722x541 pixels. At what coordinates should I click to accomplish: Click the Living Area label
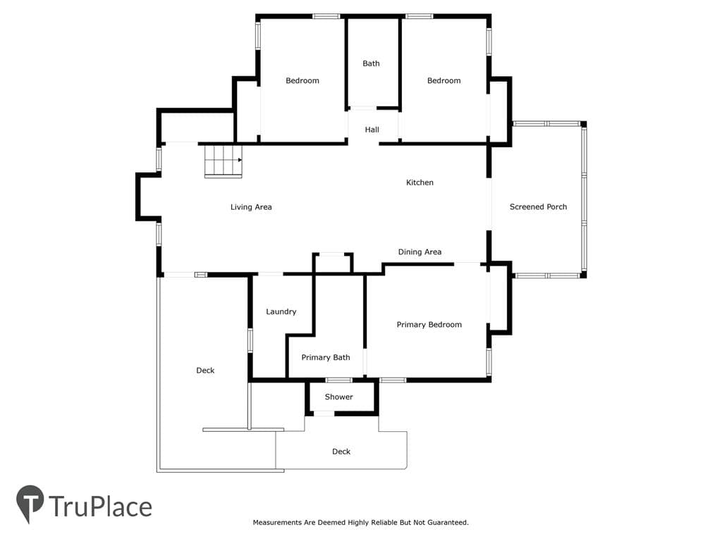click(x=251, y=207)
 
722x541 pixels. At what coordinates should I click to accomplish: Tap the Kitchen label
click(x=420, y=182)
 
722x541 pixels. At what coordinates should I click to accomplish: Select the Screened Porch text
click(x=538, y=207)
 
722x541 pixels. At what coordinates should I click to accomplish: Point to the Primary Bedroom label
click(x=429, y=325)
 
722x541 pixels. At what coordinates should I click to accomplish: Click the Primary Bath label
click(x=326, y=357)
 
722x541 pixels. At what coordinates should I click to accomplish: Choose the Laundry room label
click(x=281, y=312)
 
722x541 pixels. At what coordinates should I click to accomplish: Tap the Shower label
click(x=339, y=397)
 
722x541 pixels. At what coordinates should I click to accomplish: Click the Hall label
click(x=372, y=130)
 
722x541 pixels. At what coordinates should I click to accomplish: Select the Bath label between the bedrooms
click(x=371, y=63)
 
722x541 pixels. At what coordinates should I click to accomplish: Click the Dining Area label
click(x=420, y=252)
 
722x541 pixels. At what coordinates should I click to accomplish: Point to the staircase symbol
click(x=224, y=161)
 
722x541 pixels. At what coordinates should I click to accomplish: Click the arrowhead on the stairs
click(x=240, y=160)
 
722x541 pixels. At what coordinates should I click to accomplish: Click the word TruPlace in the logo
click(x=100, y=506)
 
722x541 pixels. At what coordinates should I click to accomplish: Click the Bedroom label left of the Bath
click(x=302, y=81)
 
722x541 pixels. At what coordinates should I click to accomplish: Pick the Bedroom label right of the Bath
click(x=444, y=81)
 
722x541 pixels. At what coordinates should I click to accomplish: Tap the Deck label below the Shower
click(x=341, y=452)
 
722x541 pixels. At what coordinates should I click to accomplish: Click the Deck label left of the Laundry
click(x=205, y=371)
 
